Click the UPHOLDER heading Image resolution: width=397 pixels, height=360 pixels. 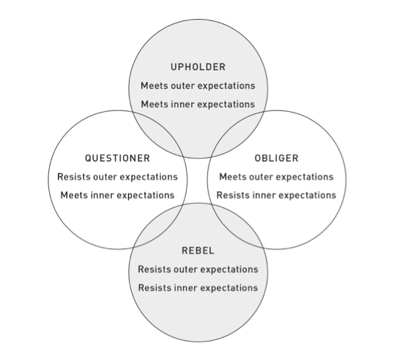198,67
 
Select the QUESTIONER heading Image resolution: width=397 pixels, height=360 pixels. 117,158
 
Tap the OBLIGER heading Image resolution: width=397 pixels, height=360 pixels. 276,158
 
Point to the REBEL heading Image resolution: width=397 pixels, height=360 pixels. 198,251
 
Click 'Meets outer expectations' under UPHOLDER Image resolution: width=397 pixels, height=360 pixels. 198,86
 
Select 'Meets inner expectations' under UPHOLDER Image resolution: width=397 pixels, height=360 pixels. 198,104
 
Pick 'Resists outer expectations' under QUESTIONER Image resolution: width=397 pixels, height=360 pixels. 117,177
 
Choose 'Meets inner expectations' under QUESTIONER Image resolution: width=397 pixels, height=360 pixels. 117,196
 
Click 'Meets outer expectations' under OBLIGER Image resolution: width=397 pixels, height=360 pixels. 276,177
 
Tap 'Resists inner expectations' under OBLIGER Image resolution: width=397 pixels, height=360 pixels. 276,196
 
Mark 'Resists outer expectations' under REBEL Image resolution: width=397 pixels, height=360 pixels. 198,269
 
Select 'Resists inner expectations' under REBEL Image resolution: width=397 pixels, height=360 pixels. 198,288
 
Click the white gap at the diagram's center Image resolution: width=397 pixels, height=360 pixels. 198,180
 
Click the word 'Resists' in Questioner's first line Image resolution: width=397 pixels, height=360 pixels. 74,177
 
